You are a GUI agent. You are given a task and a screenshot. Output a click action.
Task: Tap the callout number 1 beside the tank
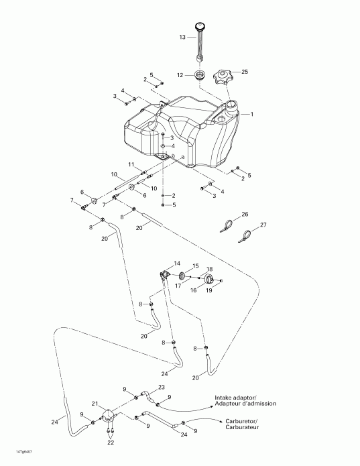[x=251, y=115]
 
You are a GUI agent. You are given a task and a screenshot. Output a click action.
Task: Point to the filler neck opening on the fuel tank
[x=232, y=106]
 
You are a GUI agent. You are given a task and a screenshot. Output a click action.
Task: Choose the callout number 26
[x=245, y=214]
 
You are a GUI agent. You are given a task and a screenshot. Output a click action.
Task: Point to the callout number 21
[x=95, y=404]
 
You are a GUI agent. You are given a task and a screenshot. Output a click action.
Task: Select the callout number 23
[x=161, y=388]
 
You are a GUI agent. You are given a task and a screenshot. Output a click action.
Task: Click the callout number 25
[x=244, y=72]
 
